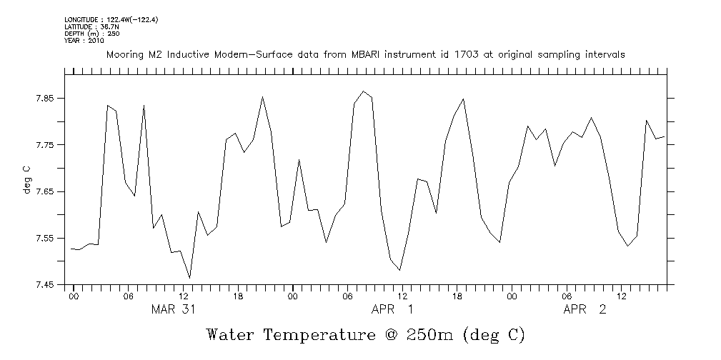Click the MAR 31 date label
173,309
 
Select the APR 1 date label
392,309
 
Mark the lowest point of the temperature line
189,277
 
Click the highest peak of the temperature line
364,91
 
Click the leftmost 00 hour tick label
73,295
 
